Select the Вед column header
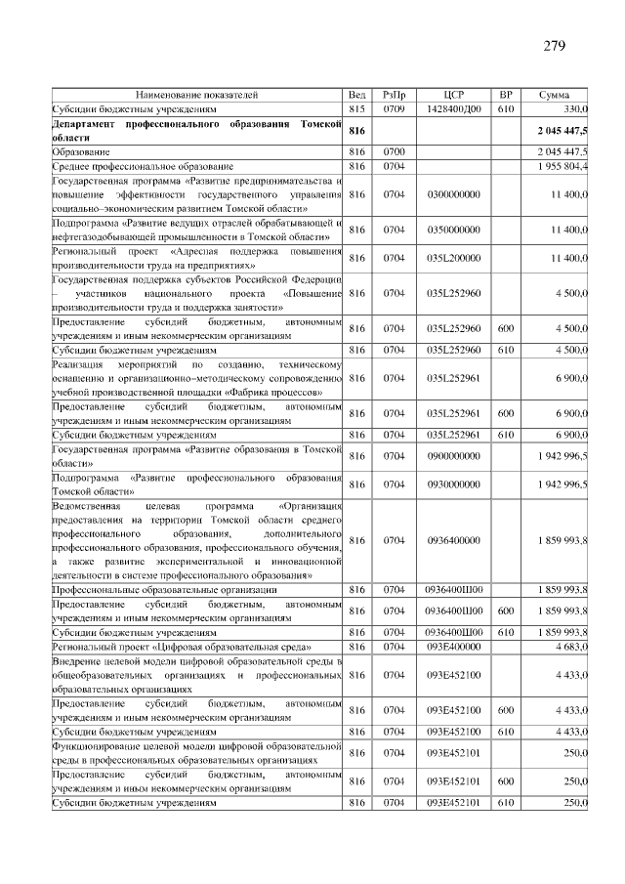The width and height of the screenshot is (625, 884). [x=356, y=95]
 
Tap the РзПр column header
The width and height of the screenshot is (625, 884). [x=395, y=95]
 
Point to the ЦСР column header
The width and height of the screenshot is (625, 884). [x=453, y=95]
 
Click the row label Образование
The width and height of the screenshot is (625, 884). [x=81, y=152]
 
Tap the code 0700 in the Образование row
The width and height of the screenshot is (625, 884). [x=395, y=152]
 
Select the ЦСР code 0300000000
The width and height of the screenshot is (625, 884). [x=453, y=194]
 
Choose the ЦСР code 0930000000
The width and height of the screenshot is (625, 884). [x=453, y=484]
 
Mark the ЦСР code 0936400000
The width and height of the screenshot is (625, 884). [x=453, y=540]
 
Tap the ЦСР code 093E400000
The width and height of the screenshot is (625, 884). [x=453, y=647]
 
